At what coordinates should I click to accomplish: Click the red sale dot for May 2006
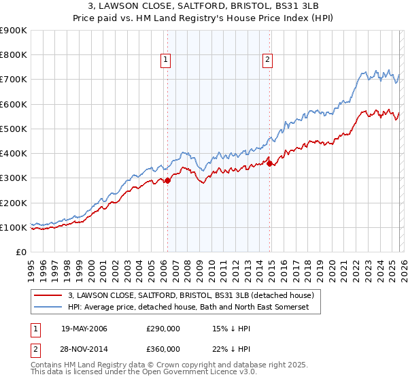click(168, 180)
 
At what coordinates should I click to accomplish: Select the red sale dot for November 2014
click(270, 163)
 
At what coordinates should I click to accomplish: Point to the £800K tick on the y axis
click(14, 55)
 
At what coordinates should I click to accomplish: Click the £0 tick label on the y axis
click(20, 252)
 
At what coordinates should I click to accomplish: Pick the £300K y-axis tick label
click(14, 178)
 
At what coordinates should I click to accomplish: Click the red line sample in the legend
click(48, 295)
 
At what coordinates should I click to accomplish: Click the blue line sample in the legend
click(48, 308)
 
